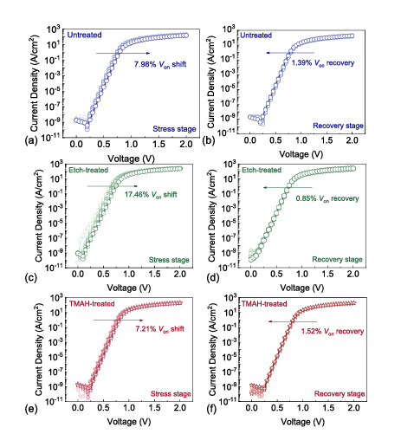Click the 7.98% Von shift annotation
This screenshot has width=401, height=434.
(160, 64)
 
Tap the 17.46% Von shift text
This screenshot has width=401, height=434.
(151, 195)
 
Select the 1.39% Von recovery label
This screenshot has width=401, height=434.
(323, 63)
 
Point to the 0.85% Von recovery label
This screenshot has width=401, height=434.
(327, 198)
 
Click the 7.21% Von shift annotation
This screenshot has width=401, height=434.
(160, 329)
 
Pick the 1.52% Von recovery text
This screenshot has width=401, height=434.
(333, 331)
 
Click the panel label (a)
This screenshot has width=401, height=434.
(31, 140)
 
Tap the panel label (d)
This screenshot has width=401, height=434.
(213, 278)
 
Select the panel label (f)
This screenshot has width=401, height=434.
(212, 409)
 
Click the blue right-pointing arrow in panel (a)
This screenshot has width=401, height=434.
(123, 53)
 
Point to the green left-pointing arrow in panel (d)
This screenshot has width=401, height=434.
(288, 188)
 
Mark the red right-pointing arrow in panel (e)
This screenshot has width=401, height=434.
(118, 321)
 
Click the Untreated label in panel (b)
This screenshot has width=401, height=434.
(256, 36)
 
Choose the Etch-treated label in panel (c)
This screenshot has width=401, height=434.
(88, 170)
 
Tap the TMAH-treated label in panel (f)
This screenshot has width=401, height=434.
(264, 304)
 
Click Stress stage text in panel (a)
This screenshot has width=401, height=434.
(174, 129)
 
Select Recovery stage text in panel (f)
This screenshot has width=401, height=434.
(340, 394)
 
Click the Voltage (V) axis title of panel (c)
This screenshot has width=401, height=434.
(129, 288)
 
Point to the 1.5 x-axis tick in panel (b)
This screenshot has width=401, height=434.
(327, 140)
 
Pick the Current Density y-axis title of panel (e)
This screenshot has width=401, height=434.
(40, 349)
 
